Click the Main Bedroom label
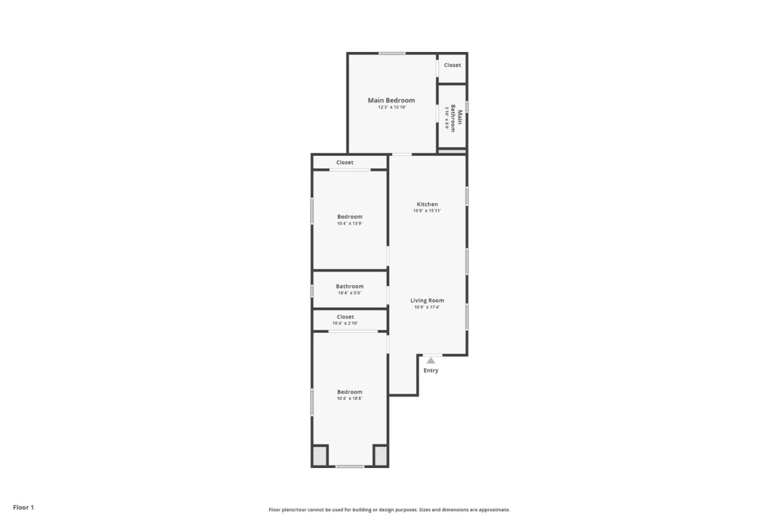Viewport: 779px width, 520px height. click(391, 100)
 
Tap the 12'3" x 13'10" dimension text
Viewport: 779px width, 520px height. click(392, 107)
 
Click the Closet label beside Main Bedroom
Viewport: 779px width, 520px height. click(452, 65)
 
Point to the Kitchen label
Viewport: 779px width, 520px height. click(427, 204)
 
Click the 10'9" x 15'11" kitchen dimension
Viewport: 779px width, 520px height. click(427, 211)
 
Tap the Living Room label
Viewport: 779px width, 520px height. click(427, 301)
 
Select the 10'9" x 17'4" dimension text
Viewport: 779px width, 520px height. click(427, 307)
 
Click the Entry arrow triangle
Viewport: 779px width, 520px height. click(431, 360)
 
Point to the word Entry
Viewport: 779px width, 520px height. click(431, 370)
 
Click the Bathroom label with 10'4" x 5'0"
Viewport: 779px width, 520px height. click(349, 287)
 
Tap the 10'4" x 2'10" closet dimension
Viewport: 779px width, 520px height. click(345, 323)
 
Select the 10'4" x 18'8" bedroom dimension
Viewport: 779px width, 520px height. click(349, 399)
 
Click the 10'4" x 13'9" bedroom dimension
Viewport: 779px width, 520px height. click(349, 223)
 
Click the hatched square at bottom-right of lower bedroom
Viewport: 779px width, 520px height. click(380, 456)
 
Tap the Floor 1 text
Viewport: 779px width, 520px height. click(23, 508)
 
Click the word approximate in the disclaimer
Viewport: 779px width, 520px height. click(493, 510)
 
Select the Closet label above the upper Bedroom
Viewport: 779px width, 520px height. click(345, 162)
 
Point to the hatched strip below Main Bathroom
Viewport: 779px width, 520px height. click(452, 152)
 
